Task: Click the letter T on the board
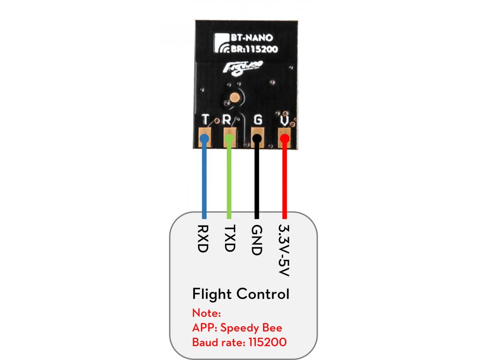pyautogui.click(x=205, y=119)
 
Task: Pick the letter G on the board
pyautogui.click(x=257, y=119)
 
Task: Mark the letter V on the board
pyautogui.click(x=284, y=120)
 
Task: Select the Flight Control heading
pyautogui.click(x=240, y=294)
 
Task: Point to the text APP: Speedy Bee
pyautogui.click(x=237, y=327)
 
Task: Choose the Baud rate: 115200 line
pyautogui.click(x=239, y=342)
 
